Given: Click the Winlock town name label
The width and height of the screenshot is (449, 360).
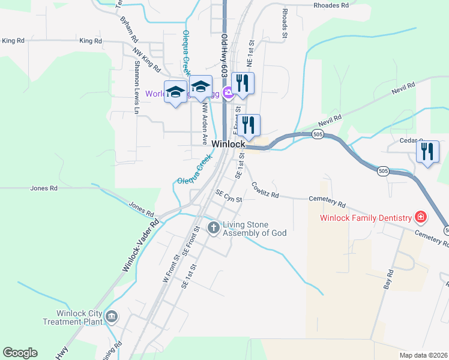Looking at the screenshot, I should (x=229, y=145).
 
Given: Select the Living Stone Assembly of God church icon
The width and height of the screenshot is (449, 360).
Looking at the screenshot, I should (x=213, y=227).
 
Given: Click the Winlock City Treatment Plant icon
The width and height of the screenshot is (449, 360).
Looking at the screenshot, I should (x=111, y=316).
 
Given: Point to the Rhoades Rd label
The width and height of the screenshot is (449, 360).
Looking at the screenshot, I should (x=331, y=5).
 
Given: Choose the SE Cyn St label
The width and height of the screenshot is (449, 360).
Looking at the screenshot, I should (x=229, y=196).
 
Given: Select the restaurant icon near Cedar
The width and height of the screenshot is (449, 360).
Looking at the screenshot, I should (x=427, y=151).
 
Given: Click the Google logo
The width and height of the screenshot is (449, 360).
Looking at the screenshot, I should (x=20, y=353).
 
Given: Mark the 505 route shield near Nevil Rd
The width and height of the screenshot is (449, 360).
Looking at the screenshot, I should (x=318, y=134).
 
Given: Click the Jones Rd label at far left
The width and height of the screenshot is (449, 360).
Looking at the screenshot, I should (x=44, y=188).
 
